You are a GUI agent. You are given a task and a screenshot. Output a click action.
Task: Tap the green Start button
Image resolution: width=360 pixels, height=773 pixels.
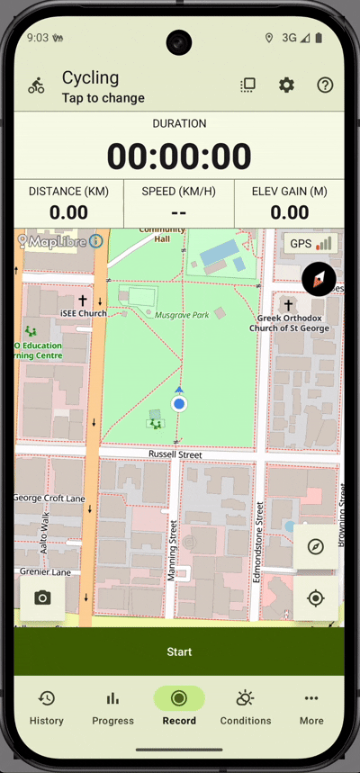coord(179,652)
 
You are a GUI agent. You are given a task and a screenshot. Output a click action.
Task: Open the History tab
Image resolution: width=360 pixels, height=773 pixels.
coord(46,706)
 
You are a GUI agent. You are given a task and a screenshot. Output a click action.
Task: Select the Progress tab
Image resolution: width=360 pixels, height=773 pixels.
coord(112,706)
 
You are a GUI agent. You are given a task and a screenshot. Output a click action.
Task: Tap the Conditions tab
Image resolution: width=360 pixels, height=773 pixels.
coord(245,706)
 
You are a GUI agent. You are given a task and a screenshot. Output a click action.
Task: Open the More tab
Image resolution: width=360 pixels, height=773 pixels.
coord(311,706)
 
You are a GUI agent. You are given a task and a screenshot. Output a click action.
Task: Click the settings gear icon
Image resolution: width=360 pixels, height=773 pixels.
coord(286,85)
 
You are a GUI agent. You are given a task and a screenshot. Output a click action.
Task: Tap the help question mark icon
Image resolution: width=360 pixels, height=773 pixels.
coord(325,85)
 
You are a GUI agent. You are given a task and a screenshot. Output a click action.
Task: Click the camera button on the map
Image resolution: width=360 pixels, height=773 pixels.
coord(42,598)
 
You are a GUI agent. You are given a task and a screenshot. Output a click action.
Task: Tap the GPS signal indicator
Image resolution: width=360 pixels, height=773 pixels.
coord(311,243)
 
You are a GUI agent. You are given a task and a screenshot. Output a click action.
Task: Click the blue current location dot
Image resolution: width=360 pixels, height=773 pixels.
coord(179,404)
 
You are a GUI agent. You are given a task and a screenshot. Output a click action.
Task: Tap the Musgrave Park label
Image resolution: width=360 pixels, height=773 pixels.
coord(182,315)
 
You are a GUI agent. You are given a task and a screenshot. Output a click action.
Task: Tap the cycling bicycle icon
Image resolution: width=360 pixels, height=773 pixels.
coord(36,86)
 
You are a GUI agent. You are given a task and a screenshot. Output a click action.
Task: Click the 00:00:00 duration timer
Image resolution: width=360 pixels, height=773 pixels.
coord(179,157)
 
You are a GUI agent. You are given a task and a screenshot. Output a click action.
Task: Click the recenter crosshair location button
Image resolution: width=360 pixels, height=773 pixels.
coord(315,598)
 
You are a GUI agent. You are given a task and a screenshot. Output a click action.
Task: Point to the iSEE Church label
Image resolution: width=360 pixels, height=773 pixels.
coord(83,313)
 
